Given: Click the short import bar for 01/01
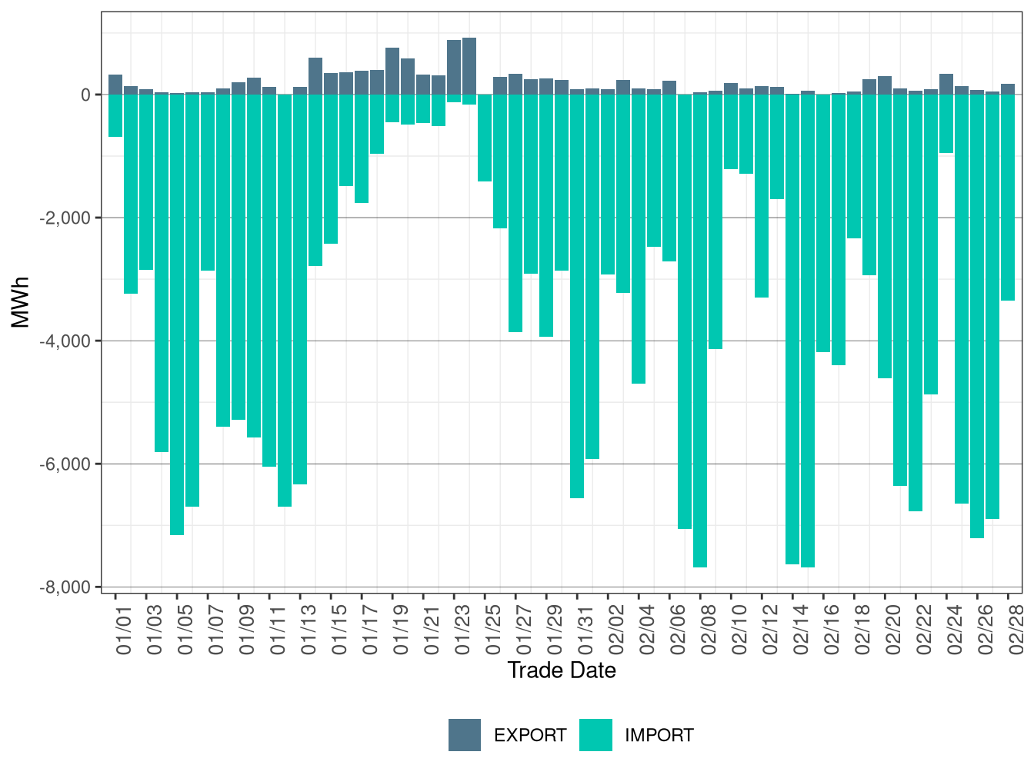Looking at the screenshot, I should pyautogui.click(x=115, y=115).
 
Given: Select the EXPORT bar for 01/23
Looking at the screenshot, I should pyautogui.click(x=454, y=68).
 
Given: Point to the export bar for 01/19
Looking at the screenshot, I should pyautogui.click(x=392, y=72).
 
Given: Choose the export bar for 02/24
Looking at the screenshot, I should pyautogui.click(x=946, y=85).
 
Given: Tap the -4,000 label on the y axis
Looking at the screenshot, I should pyautogui.click(x=65, y=341).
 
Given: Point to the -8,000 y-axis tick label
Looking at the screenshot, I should pyautogui.click(x=65, y=587).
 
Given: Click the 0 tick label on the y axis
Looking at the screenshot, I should pyautogui.click(x=85, y=95).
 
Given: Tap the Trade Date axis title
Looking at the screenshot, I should pyautogui.click(x=562, y=670).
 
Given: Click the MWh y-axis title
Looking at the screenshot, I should pyautogui.click(x=21, y=302).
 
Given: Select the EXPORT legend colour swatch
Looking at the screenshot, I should pyautogui.click(x=465, y=735).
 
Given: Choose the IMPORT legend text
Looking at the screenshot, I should pyautogui.click(x=659, y=736).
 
